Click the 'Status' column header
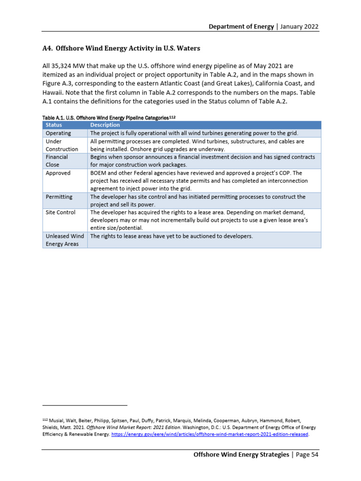pyautogui.click(x=54, y=125)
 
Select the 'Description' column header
pyautogui.click(x=105, y=125)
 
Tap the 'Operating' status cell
pyautogui.click(x=58, y=133)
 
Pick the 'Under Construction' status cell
pyautogui.click(x=62, y=145)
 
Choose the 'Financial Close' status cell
pyautogui.click(x=56, y=161)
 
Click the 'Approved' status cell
pyautogui.click(x=58, y=173)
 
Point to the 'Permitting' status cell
pyautogui.click(x=59, y=197)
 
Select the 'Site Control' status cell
pyautogui.click(x=60, y=213)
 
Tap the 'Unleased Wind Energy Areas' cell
pyautogui.click(x=64, y=240)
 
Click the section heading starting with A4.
pyautogui.click(x=121, y=48)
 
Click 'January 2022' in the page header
pyautogui.click(x=299, y=26)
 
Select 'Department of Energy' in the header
pyautogui.click(x=241, y=26)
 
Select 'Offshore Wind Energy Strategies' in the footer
pyautogui.click(x=242, y=455)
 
